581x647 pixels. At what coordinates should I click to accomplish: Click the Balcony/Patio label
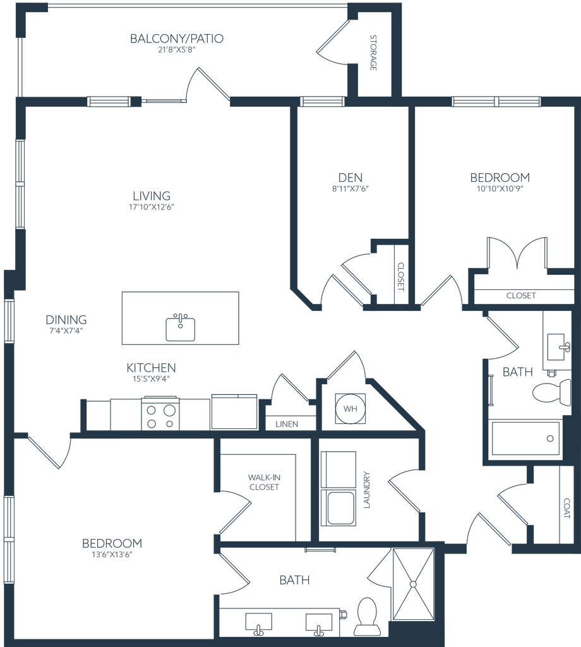[177, 39]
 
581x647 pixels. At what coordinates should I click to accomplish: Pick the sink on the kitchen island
[181, 327]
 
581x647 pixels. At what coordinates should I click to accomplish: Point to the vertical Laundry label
[366, 490]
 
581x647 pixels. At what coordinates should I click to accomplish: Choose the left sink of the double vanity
[258, 622]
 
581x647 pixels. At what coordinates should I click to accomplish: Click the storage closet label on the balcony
[373, 52]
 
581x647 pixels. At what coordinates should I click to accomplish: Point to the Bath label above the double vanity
[295, 579]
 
